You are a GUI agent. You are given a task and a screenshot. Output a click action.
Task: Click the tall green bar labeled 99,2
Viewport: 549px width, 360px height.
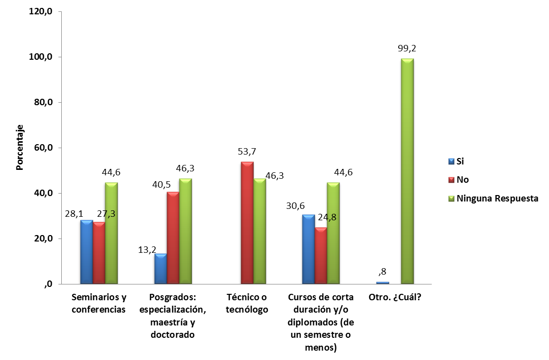(x=407, y=171)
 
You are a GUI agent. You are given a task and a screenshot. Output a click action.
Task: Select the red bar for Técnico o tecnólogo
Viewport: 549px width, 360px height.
(x=247, y=223)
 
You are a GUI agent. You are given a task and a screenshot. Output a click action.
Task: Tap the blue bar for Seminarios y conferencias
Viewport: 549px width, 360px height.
(x=86, y=252)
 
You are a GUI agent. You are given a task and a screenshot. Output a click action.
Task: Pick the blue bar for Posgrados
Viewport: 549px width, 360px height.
(x=160, y=269)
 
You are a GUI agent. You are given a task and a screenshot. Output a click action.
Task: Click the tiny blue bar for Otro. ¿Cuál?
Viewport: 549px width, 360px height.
(x=382, y=282)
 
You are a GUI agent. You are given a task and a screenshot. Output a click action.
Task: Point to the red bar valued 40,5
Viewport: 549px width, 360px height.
(x=173, y=238)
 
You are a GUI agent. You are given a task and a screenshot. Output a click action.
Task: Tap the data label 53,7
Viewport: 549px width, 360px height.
(x=247, y=152)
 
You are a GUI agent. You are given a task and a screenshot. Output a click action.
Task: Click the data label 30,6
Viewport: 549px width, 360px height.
(x=296, y=204)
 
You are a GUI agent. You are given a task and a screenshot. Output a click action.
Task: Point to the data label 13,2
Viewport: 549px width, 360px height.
(x=147, y=250)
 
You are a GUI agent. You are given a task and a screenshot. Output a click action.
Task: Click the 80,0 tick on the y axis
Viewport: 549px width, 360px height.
(x=42, y=103)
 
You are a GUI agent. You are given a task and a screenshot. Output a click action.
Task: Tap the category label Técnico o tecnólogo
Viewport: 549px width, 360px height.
(x=247, y=304)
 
